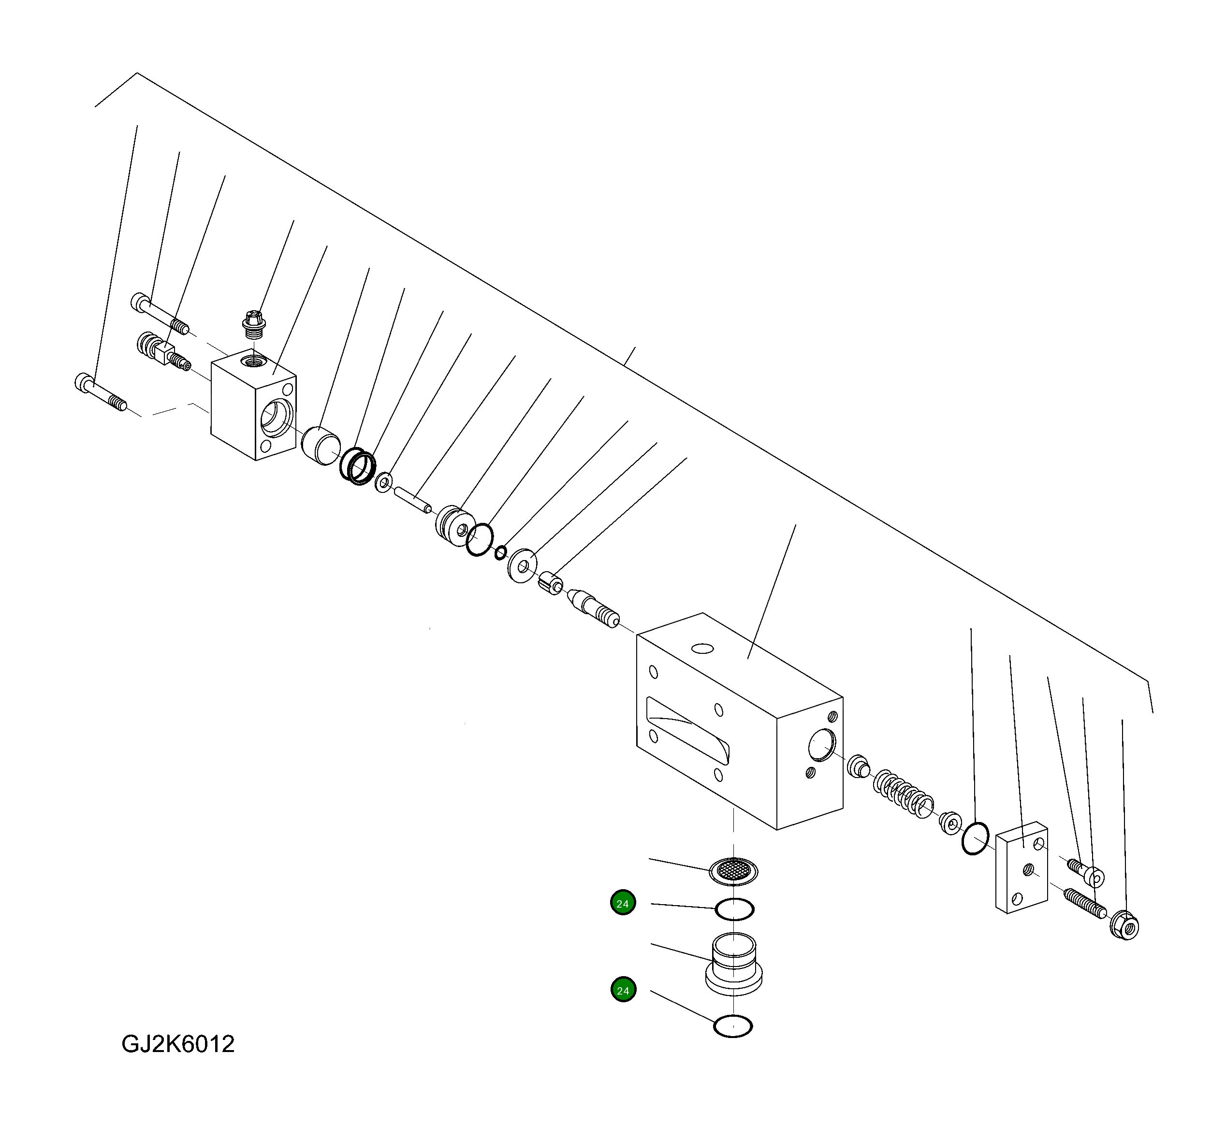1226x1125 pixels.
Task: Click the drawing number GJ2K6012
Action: click(x=178, y=1044)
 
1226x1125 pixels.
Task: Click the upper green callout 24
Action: click(x=623, y=903)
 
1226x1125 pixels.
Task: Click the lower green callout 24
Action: click(x=623, y=991)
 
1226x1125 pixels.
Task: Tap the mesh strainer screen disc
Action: click(x=734, y=872)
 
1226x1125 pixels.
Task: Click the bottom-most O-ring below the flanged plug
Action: click(x=733, y=1026)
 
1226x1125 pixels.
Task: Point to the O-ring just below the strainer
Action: click(x=734, y=909)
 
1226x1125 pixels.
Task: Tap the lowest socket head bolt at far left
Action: click(x=101, y=392)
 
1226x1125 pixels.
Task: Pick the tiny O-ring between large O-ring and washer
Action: click(x=500, y=553)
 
